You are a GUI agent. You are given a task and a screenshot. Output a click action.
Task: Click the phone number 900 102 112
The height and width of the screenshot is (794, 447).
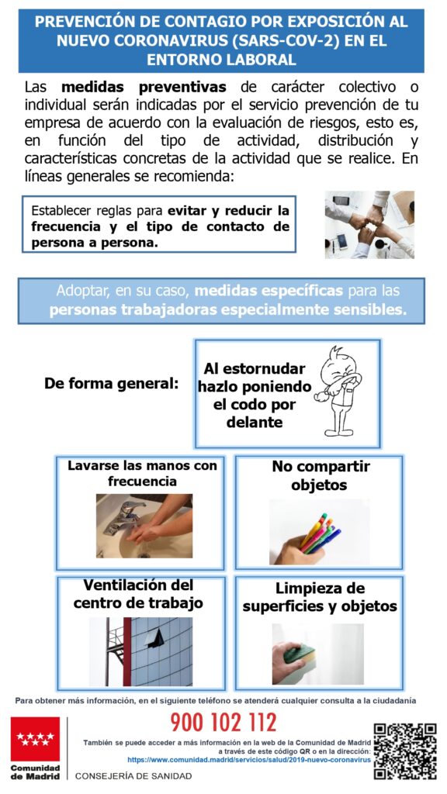223,722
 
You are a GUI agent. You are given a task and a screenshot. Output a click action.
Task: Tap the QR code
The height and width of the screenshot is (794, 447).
405,751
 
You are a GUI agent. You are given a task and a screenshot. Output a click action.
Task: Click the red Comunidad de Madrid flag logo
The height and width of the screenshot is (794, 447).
35,739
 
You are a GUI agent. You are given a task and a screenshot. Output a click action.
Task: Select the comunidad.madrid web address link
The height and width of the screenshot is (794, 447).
249,760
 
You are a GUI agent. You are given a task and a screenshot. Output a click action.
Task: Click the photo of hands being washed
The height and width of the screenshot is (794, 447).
144,526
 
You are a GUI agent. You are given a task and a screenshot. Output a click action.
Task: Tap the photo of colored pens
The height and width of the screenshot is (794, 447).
319,532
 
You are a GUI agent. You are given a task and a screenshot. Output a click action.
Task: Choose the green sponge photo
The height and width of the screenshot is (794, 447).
317,654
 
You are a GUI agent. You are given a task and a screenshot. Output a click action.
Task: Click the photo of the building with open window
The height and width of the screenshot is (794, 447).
141,651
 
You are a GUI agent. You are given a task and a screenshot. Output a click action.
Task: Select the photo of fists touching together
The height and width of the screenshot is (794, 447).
369,224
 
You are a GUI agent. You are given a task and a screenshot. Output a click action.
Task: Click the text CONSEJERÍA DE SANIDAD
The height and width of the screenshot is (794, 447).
133,775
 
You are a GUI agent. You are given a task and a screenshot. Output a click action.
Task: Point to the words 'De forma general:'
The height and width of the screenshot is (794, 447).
112,383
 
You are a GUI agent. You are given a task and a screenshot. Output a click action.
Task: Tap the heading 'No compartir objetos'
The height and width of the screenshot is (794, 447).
320,475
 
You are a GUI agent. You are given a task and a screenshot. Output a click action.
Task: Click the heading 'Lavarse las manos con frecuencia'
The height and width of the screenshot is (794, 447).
142,473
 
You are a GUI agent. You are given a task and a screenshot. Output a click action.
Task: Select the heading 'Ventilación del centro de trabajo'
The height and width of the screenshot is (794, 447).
138,594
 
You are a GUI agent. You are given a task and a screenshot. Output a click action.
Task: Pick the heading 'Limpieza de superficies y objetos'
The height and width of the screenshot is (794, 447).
320,597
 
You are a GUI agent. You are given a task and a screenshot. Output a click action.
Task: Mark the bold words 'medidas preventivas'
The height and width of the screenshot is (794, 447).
144,87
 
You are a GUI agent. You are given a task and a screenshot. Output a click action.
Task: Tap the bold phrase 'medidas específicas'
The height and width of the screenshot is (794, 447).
269,292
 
